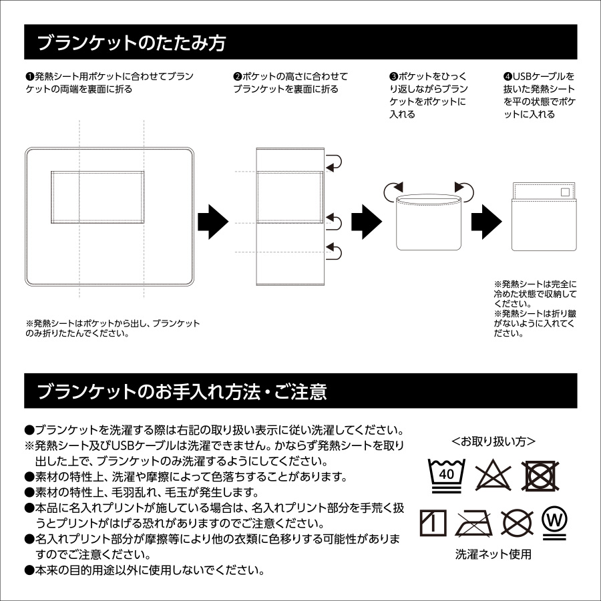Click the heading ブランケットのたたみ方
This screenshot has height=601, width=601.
pos(131,43)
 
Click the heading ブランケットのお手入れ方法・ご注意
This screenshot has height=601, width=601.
pos(182,392)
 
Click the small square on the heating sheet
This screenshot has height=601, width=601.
pos(566,192)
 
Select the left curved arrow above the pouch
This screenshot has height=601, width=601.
pos(394,192)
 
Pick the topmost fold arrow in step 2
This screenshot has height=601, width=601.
pos(333,161)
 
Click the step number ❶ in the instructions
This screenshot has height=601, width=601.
pos(29,77)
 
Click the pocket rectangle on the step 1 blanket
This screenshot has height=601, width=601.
pos(97,195)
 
